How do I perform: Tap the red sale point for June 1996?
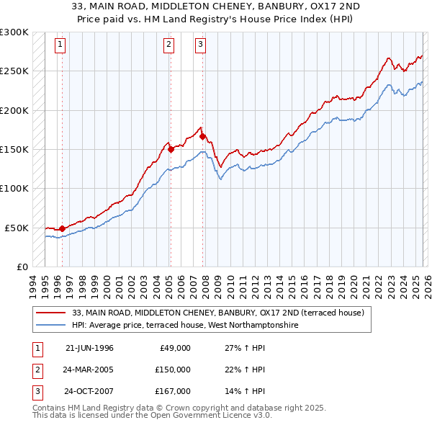pos(62,228)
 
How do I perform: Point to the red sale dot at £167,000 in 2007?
pos(203,136)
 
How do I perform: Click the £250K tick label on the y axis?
pos(14,71)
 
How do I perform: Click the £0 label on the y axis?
pos(22,267)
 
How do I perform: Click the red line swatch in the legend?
pos(52,313)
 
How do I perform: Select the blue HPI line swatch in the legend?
pos(52,325)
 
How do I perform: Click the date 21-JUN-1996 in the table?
pos(89,348)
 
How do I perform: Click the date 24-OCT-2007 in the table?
pos(89,392)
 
